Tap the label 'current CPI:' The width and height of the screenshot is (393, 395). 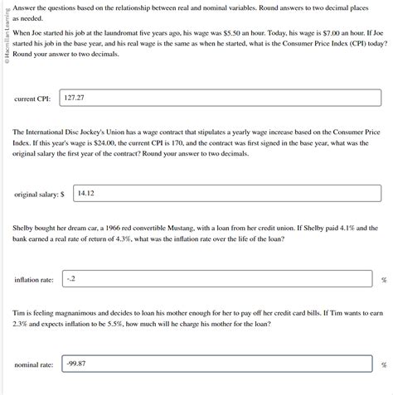[32, 99]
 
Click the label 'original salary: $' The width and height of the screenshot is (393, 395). [39, 195]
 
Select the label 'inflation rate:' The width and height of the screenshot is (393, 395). [34, 280]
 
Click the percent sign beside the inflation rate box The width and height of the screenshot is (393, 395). [384, 280]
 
